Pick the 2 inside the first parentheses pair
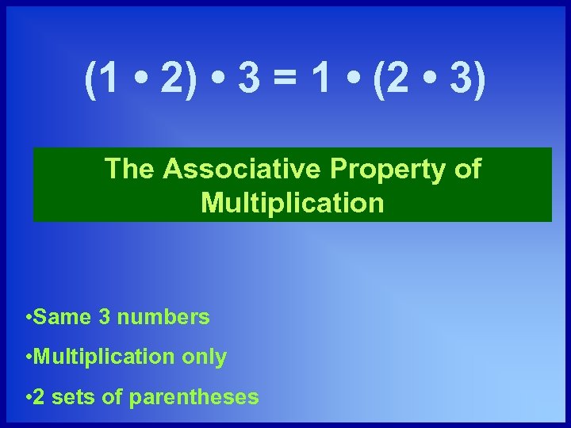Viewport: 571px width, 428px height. pos(171,82)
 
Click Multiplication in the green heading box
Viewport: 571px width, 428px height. pos(293,203)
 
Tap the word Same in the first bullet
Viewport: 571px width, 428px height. pos(64,318)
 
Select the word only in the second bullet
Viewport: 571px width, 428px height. pos(205,357)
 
